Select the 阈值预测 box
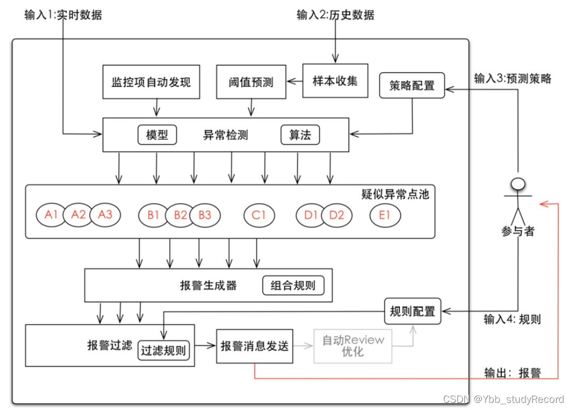(x=251, y=83)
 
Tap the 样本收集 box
(x=335, y=81)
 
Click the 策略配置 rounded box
(x=412, y=86)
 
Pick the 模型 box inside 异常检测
(x=157, y=135)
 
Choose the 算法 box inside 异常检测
(x=300, y=135)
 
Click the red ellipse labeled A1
(x=51, y=215)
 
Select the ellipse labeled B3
(x=205, y=215)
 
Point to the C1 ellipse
(x=259, y=215)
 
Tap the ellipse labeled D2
(x=337, y=215)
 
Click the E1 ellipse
(x=385, y=215)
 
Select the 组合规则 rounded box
(x=293, y=286)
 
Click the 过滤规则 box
(x=163, y=350)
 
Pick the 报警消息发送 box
(x=255, y=346)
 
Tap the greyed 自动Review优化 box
(x=353, y=346)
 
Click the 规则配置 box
(x=412, y=312)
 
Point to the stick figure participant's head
(x=517, y=183)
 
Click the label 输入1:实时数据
(x=63, y=15)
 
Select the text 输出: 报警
(x=512, y=373)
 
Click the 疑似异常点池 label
(x=395, y=195)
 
